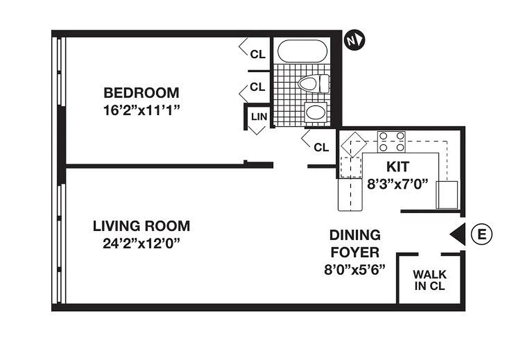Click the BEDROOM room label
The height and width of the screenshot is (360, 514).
(141, 93)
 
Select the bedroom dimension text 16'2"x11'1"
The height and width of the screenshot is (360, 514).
(141, 110)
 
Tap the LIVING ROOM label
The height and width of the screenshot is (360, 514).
(141, 226)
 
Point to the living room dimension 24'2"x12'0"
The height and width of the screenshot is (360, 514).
(141, 243)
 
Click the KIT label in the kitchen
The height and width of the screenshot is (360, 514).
(398, 167)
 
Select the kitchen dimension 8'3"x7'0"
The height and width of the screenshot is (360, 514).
(397, 184)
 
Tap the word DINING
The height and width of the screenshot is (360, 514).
(355, 235)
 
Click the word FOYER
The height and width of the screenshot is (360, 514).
(355, 252)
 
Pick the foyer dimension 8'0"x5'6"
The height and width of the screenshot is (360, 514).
(355, 270)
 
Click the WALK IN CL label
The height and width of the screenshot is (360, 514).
(430, 280)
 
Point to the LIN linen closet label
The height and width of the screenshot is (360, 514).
(259, 117)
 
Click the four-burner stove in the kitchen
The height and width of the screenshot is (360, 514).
(391, 142)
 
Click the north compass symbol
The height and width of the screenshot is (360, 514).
(354, 40)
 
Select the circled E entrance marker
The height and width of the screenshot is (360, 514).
(482, 234)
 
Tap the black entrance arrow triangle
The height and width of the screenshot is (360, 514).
(458, 234)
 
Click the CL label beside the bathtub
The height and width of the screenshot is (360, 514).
(258, 54)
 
